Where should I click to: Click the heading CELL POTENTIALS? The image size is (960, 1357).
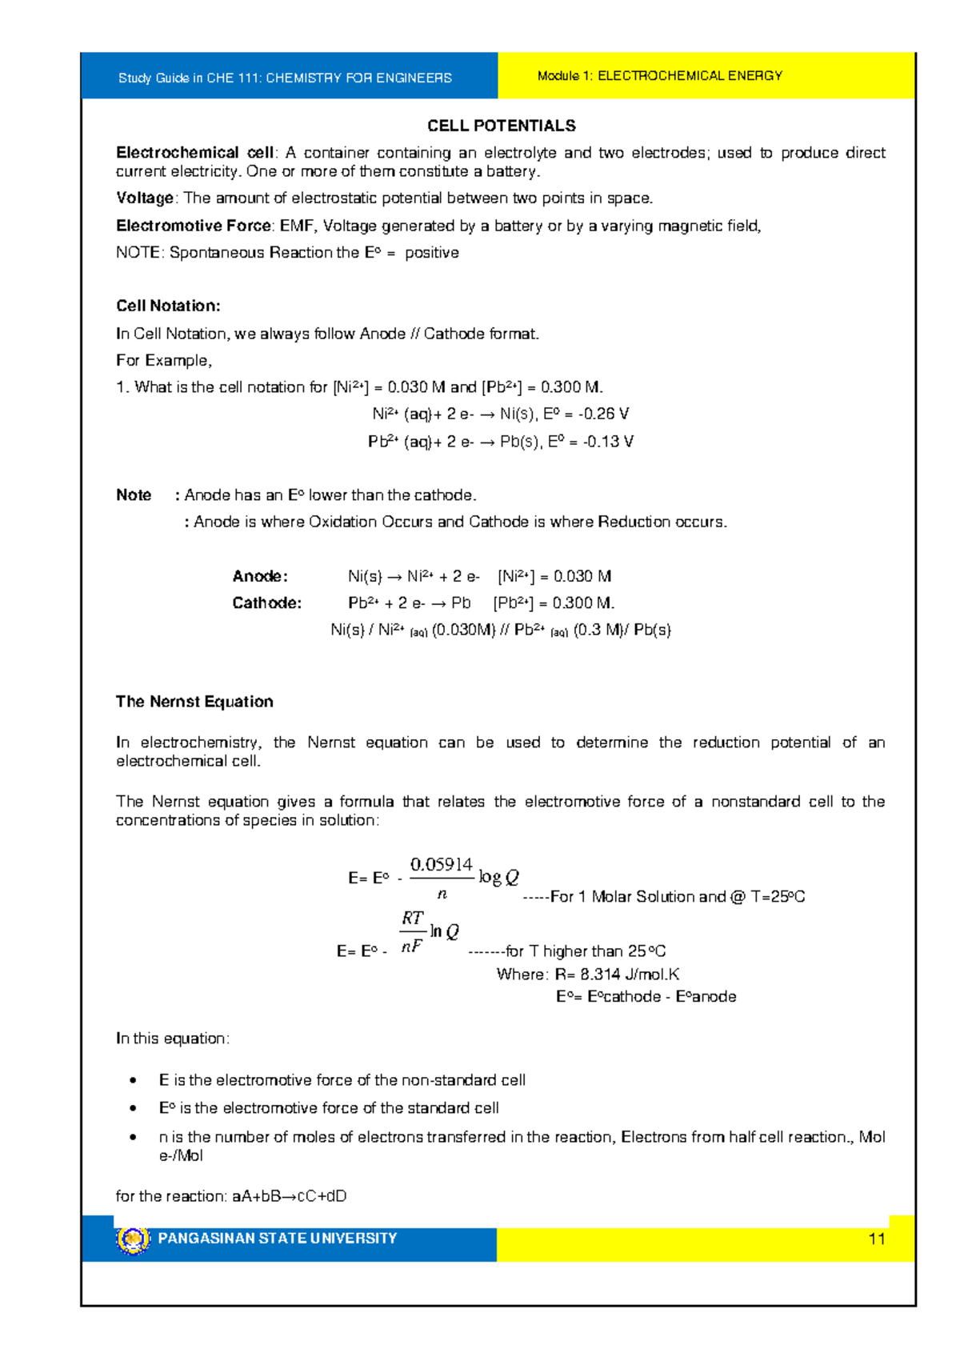pyautogui.click(x=501, y=126)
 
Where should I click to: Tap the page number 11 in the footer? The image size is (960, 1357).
pyautogui.click(x=876, y=1239)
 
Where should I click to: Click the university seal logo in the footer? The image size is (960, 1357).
pyautogui.click(x=133, y=1239)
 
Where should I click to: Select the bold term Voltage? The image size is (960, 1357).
pyautogui.click(x=144, y=198)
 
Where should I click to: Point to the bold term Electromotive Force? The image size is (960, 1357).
pyautogui.click(x=194, y=226)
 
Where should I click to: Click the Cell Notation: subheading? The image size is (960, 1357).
pyautogui.click(x=168, y=306)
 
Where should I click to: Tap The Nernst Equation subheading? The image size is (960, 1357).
pyautogui.click(x=194, y=702)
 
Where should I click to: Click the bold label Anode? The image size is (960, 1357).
pyautogui.click(x=259, y=576)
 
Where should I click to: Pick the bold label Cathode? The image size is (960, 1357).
pyautogui.click(x=266, y=603)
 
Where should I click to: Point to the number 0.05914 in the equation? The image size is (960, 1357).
pyautogui.click(x=441, y=865)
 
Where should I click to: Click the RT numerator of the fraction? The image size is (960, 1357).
pyautogui.click(x=412, y=919)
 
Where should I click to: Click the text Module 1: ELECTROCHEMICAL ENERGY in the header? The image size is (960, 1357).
pyautogui.click(x=659, y=76)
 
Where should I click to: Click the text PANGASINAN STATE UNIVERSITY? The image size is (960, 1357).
pyautogui.click(x=277, y=1239)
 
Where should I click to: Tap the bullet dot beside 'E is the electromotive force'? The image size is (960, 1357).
pyautogui.click(x=134, y=1081)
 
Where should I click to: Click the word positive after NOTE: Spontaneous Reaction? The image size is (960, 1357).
pyautogui.click(x=431, y=253)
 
